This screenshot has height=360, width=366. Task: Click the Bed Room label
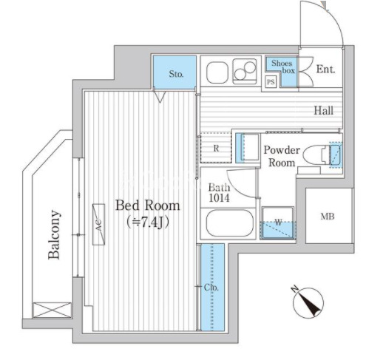148,206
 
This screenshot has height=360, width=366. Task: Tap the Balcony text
54,234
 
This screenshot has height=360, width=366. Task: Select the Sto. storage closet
174,72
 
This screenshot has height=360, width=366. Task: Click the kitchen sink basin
217,72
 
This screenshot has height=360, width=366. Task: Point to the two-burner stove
245,70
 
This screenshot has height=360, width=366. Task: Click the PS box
271,82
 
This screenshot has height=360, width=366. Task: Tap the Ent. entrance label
325,69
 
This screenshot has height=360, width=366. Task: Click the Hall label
324,111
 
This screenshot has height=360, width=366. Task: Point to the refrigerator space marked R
216,148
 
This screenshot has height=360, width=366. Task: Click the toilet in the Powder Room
316,155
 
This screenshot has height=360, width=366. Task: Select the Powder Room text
282,156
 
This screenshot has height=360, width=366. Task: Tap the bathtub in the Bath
229,223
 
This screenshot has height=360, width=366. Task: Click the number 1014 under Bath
219,198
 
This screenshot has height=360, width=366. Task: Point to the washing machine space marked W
278,223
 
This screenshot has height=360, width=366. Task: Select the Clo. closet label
211,288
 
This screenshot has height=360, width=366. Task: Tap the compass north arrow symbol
308,302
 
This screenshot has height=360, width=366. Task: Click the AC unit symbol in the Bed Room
98,224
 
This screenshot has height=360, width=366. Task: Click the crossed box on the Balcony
52,310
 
